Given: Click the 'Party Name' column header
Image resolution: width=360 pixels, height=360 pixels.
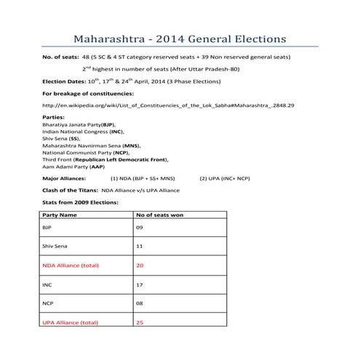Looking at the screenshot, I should click(x=60, y=215).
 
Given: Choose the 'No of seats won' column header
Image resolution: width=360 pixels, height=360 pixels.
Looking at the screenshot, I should click(x=159, y=215).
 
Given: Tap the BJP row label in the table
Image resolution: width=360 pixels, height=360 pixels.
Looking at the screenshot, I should click(x=49, y=228).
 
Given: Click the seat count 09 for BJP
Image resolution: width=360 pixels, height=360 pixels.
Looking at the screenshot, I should click(x=140, y=228).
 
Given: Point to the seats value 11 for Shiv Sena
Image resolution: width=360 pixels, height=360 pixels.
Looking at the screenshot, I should click(x=140, y=247).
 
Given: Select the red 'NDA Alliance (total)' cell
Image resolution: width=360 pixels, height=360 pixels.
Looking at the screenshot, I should click(x=71, y=266).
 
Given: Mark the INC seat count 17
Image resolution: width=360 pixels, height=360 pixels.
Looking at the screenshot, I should click(x=140, y=285).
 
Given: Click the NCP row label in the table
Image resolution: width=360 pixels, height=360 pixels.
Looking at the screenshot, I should click(x=49, y=304).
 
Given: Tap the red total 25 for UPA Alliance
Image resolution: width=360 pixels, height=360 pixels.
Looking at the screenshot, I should click(x=140, y=322).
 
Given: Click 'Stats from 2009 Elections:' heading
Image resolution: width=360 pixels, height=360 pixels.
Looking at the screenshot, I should click(x=80, y=203).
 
